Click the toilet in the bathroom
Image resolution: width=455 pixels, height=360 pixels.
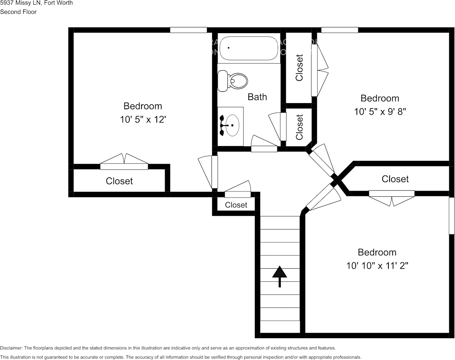(x=232, y=81)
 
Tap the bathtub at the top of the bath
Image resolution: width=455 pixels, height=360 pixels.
(x=249, y=48)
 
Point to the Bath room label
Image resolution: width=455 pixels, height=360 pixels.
(x=257, y=97)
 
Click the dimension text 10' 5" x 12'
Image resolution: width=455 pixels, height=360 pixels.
(x=143, y=119)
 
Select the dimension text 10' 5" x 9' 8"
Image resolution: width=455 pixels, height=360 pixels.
(x=380, y=112)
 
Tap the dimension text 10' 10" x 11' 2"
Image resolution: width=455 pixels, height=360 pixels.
(x=377, y=266)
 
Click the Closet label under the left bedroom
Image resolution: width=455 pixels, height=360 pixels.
(x=119, y=181)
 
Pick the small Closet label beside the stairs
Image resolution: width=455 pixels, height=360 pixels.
(x=236, y=205)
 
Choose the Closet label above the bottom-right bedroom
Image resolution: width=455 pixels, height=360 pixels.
(x=395, y=179)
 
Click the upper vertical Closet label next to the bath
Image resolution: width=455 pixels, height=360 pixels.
(x=299, y=68)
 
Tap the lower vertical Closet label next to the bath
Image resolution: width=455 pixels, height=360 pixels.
(x=299, y=127)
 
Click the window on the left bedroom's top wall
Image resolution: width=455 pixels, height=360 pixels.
(x=188, y=30)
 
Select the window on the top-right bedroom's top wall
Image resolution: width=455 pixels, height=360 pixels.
(x=340, y=30)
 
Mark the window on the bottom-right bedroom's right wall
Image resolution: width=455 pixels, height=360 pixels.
(x=452, y=215)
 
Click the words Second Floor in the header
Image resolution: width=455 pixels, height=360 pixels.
(x=18, y=12)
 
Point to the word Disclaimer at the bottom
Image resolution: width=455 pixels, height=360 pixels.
(x=11, y=348)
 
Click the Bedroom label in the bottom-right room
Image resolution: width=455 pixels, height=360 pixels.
(x=377, y=252)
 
